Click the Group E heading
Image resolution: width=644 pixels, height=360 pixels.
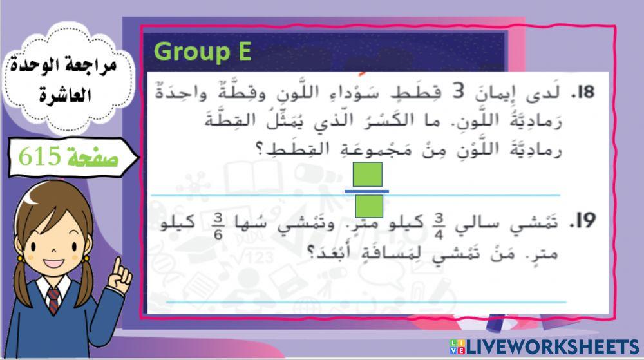(203, 52)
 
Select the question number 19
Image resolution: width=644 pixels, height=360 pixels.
(582, 222)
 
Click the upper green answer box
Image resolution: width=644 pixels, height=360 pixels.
(368, 174)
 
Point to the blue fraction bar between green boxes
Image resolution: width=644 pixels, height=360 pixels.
(367, 191)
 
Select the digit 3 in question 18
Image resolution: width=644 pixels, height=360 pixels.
(458, 93)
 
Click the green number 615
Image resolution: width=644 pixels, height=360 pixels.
(40, 156)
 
